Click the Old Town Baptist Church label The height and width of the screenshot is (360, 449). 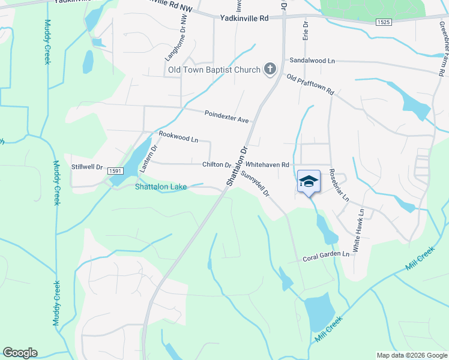coord(214,70)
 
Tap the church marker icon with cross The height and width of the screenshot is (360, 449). coord(270,69)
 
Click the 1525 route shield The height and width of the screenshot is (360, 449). coord(384,22)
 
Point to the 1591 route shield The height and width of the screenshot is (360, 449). coord(116,172)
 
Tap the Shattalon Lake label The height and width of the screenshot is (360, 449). coord(161,187)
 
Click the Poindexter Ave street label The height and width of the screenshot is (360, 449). coord(226,116)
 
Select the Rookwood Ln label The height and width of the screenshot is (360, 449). coord(178,137)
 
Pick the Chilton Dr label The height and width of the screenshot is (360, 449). coord(217,164)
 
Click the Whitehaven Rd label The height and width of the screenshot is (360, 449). coord(268,164)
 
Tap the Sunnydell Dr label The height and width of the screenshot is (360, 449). coord(256,182)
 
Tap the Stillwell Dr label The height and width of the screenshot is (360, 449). coord(88,167)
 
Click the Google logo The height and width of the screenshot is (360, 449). coord(20,353)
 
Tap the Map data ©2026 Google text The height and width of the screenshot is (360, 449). coord(411,355)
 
